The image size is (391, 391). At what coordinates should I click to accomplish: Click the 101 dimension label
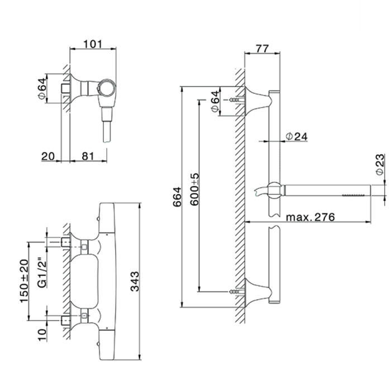click(x=93, y=44)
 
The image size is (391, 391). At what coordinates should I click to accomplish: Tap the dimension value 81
click(x=88, y=156)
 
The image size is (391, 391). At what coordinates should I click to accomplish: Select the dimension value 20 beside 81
click(x=49, y=156)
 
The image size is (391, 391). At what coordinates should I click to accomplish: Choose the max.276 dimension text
click(x=310, y=217)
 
